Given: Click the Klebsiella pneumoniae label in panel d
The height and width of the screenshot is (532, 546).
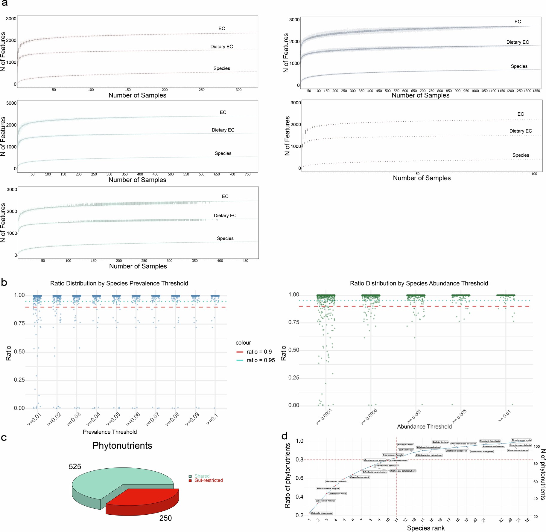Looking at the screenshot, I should point(322,513).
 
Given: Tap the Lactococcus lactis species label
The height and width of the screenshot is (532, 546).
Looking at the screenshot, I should point(337,494).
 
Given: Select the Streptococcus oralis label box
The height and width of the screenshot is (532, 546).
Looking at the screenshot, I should point(521,440).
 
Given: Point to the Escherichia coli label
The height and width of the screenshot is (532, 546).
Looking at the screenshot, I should point(406,450).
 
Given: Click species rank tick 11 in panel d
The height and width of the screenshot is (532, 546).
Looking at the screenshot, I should point(396,520).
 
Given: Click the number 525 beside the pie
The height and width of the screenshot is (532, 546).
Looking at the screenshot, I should point(75,467).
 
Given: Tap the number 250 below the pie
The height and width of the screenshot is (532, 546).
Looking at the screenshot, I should point(165,518).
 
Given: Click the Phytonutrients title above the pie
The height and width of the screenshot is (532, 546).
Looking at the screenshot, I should point(122,446).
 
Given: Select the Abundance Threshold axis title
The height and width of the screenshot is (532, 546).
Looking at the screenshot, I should point(424,426).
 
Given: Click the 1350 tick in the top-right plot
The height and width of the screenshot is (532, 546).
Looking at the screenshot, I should point(536,91).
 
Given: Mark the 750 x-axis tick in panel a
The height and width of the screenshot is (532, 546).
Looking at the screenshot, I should point(247,174).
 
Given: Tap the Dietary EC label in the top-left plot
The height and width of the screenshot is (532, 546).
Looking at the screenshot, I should point(221,47).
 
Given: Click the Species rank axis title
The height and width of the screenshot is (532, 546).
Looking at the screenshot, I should point(426,528).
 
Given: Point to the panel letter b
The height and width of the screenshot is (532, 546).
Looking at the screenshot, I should point(4,282).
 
